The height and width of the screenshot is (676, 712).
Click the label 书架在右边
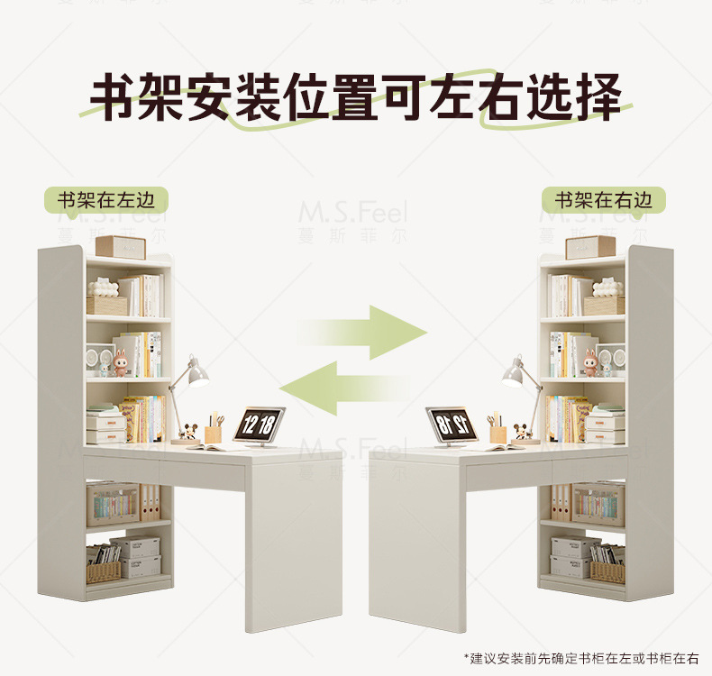602,200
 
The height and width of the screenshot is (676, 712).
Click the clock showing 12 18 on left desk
260,423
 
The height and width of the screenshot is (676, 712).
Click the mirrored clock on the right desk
451,423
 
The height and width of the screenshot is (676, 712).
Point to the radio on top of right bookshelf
590,246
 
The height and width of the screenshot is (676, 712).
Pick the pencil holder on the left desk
214,433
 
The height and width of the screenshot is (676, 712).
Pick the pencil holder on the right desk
497,433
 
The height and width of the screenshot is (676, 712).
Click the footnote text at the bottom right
580,659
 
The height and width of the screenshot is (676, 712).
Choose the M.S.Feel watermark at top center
352,214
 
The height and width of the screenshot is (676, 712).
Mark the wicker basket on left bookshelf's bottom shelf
104,571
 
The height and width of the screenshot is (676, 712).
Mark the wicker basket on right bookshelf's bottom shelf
607,571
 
